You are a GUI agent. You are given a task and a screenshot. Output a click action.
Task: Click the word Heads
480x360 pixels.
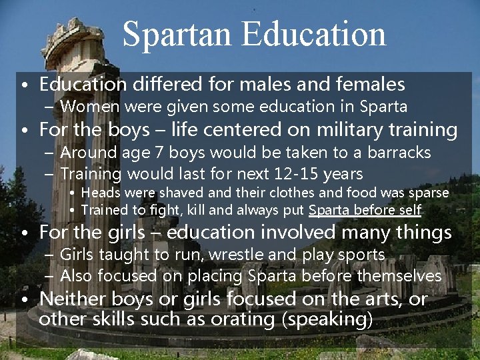coord(100,193)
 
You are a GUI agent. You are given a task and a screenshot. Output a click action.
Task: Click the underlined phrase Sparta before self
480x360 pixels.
coord(365,211)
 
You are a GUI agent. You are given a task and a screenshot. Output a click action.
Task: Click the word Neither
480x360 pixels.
coord(69,299)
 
